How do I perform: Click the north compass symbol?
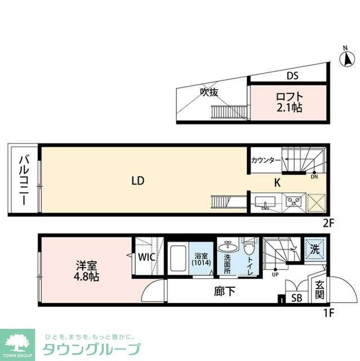tap(348, 59)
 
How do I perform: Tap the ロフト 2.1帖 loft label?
tap(289, 102)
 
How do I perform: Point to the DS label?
tap(292, 76)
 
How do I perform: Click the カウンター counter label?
tap(265, 161)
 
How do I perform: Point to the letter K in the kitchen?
tap(277, 183)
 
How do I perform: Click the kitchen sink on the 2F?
tap(265, 202)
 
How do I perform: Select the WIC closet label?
tap(148, 258)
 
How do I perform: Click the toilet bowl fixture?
tap(250, 249)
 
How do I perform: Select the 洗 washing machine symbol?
tap(314, 248)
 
